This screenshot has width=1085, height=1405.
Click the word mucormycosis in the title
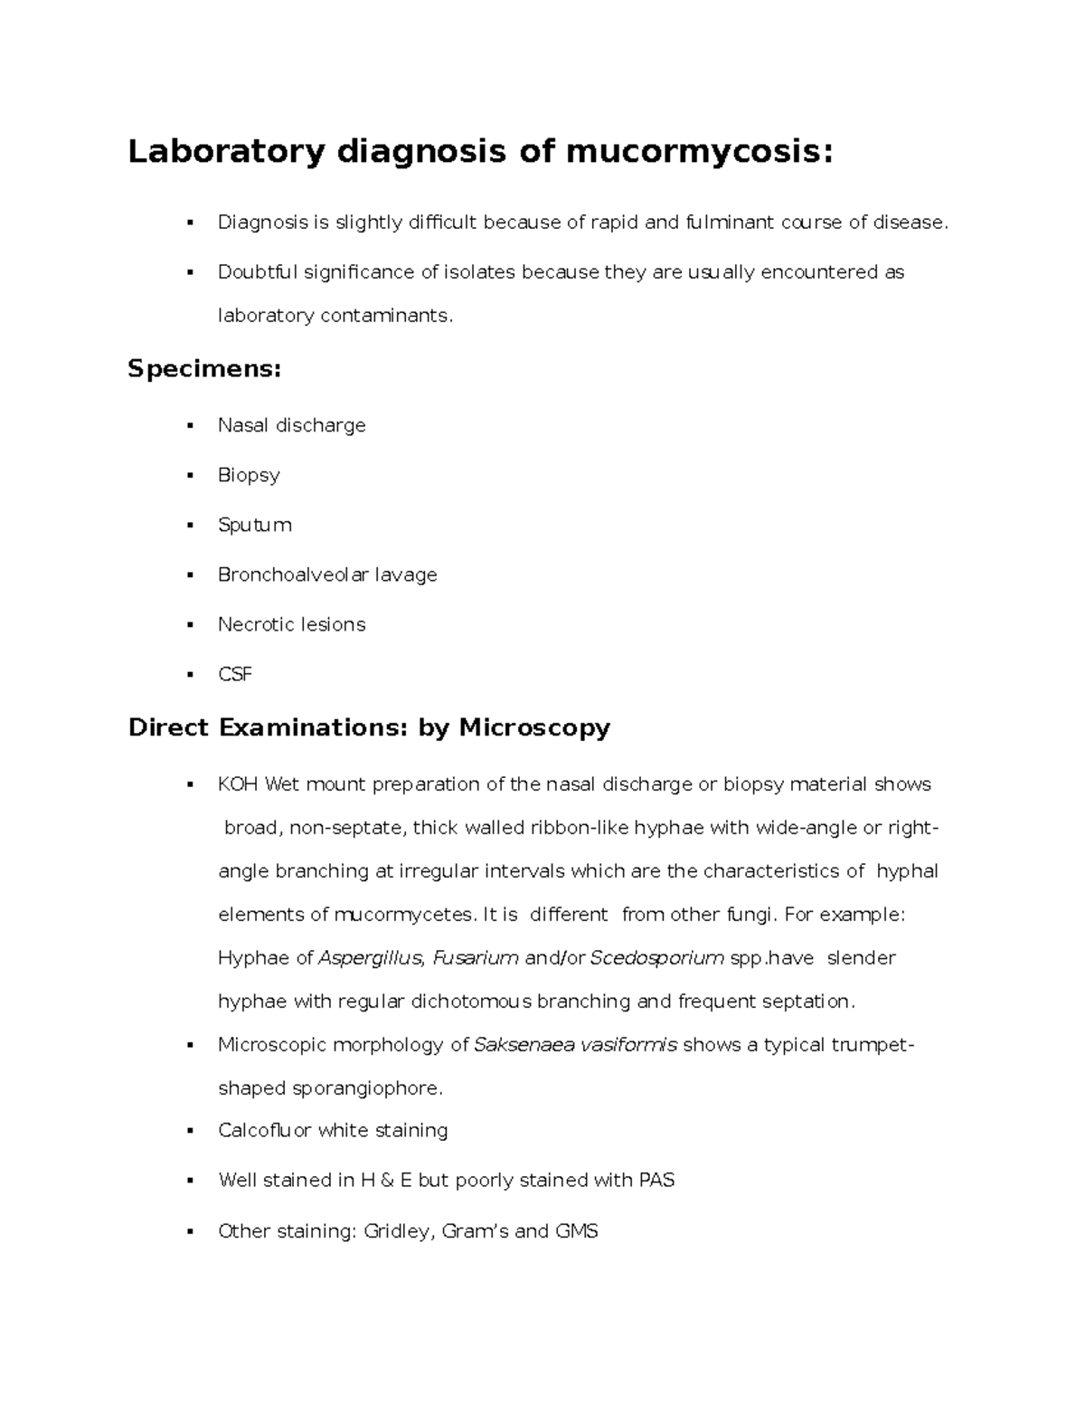point(693,152)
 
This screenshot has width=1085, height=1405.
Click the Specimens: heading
point(204,369)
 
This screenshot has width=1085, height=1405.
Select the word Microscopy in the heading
point(534,727)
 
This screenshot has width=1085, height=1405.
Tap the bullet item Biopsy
point(249,476)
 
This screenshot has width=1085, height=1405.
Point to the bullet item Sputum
point(254,526)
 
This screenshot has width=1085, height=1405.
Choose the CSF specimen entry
point(234,674)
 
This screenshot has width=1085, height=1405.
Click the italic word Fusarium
point(476,958)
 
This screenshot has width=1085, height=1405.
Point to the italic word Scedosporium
point(656,958)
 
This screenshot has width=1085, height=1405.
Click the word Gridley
point(397,1231)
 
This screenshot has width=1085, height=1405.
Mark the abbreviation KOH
point(239,784)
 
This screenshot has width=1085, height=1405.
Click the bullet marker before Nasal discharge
point(190,426)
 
